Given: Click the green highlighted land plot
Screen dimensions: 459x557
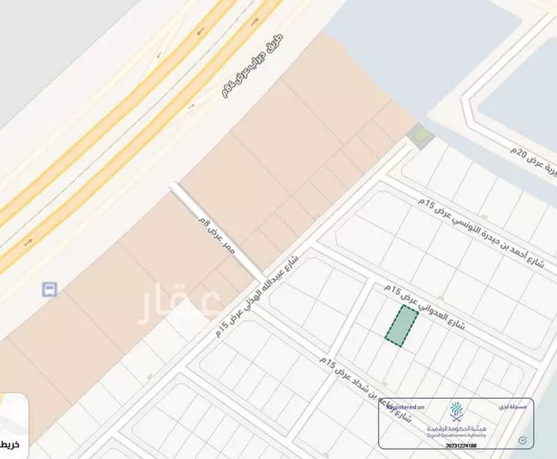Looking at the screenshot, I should [401, 325].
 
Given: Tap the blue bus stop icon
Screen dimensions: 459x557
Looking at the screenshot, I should [50, 288].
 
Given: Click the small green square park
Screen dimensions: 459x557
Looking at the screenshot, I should [421, 136].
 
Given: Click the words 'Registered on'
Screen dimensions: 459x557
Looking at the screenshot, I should [405, 407].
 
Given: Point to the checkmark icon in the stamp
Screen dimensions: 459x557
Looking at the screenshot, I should [522, 440].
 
